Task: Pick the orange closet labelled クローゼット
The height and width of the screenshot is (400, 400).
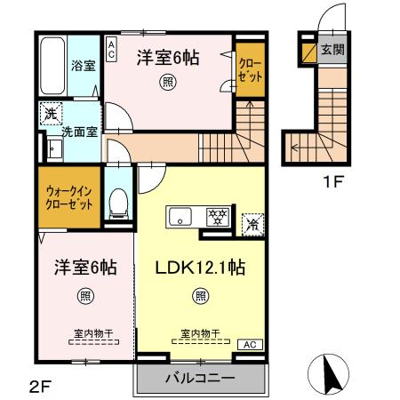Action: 246,67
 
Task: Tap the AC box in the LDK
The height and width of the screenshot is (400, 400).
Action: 250,344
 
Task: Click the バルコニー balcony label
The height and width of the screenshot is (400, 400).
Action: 200,378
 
